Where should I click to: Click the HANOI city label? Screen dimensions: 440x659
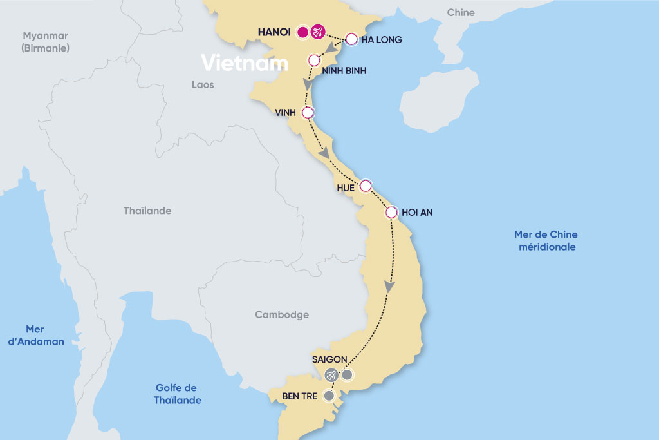tap(274, 32)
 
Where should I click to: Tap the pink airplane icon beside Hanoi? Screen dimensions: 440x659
tap(317, 32)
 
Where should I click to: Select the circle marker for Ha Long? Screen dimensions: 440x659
tap(351, 39)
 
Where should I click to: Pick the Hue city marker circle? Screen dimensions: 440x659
tap(366, 186)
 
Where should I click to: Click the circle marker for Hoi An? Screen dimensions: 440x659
tap(391, 212)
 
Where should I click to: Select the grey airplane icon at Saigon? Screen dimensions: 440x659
tap(331, 374)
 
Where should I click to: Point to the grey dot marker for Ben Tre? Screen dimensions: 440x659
tap(329, 396)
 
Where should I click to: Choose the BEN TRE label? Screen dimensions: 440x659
tap(295, 396)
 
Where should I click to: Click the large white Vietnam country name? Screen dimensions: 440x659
tap(244, 63)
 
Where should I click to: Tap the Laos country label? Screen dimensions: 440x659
tap(203, 84)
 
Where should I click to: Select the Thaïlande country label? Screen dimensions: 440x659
tap(147, 211)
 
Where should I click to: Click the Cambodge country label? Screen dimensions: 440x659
tap(282, 315)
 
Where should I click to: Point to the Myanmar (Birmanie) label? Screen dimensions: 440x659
tap(45, 42)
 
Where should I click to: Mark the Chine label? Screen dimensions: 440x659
tap(460, 12)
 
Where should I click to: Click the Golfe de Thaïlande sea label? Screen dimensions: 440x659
tap(177, 394)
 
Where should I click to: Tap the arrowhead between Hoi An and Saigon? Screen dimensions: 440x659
tap(389, 287)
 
